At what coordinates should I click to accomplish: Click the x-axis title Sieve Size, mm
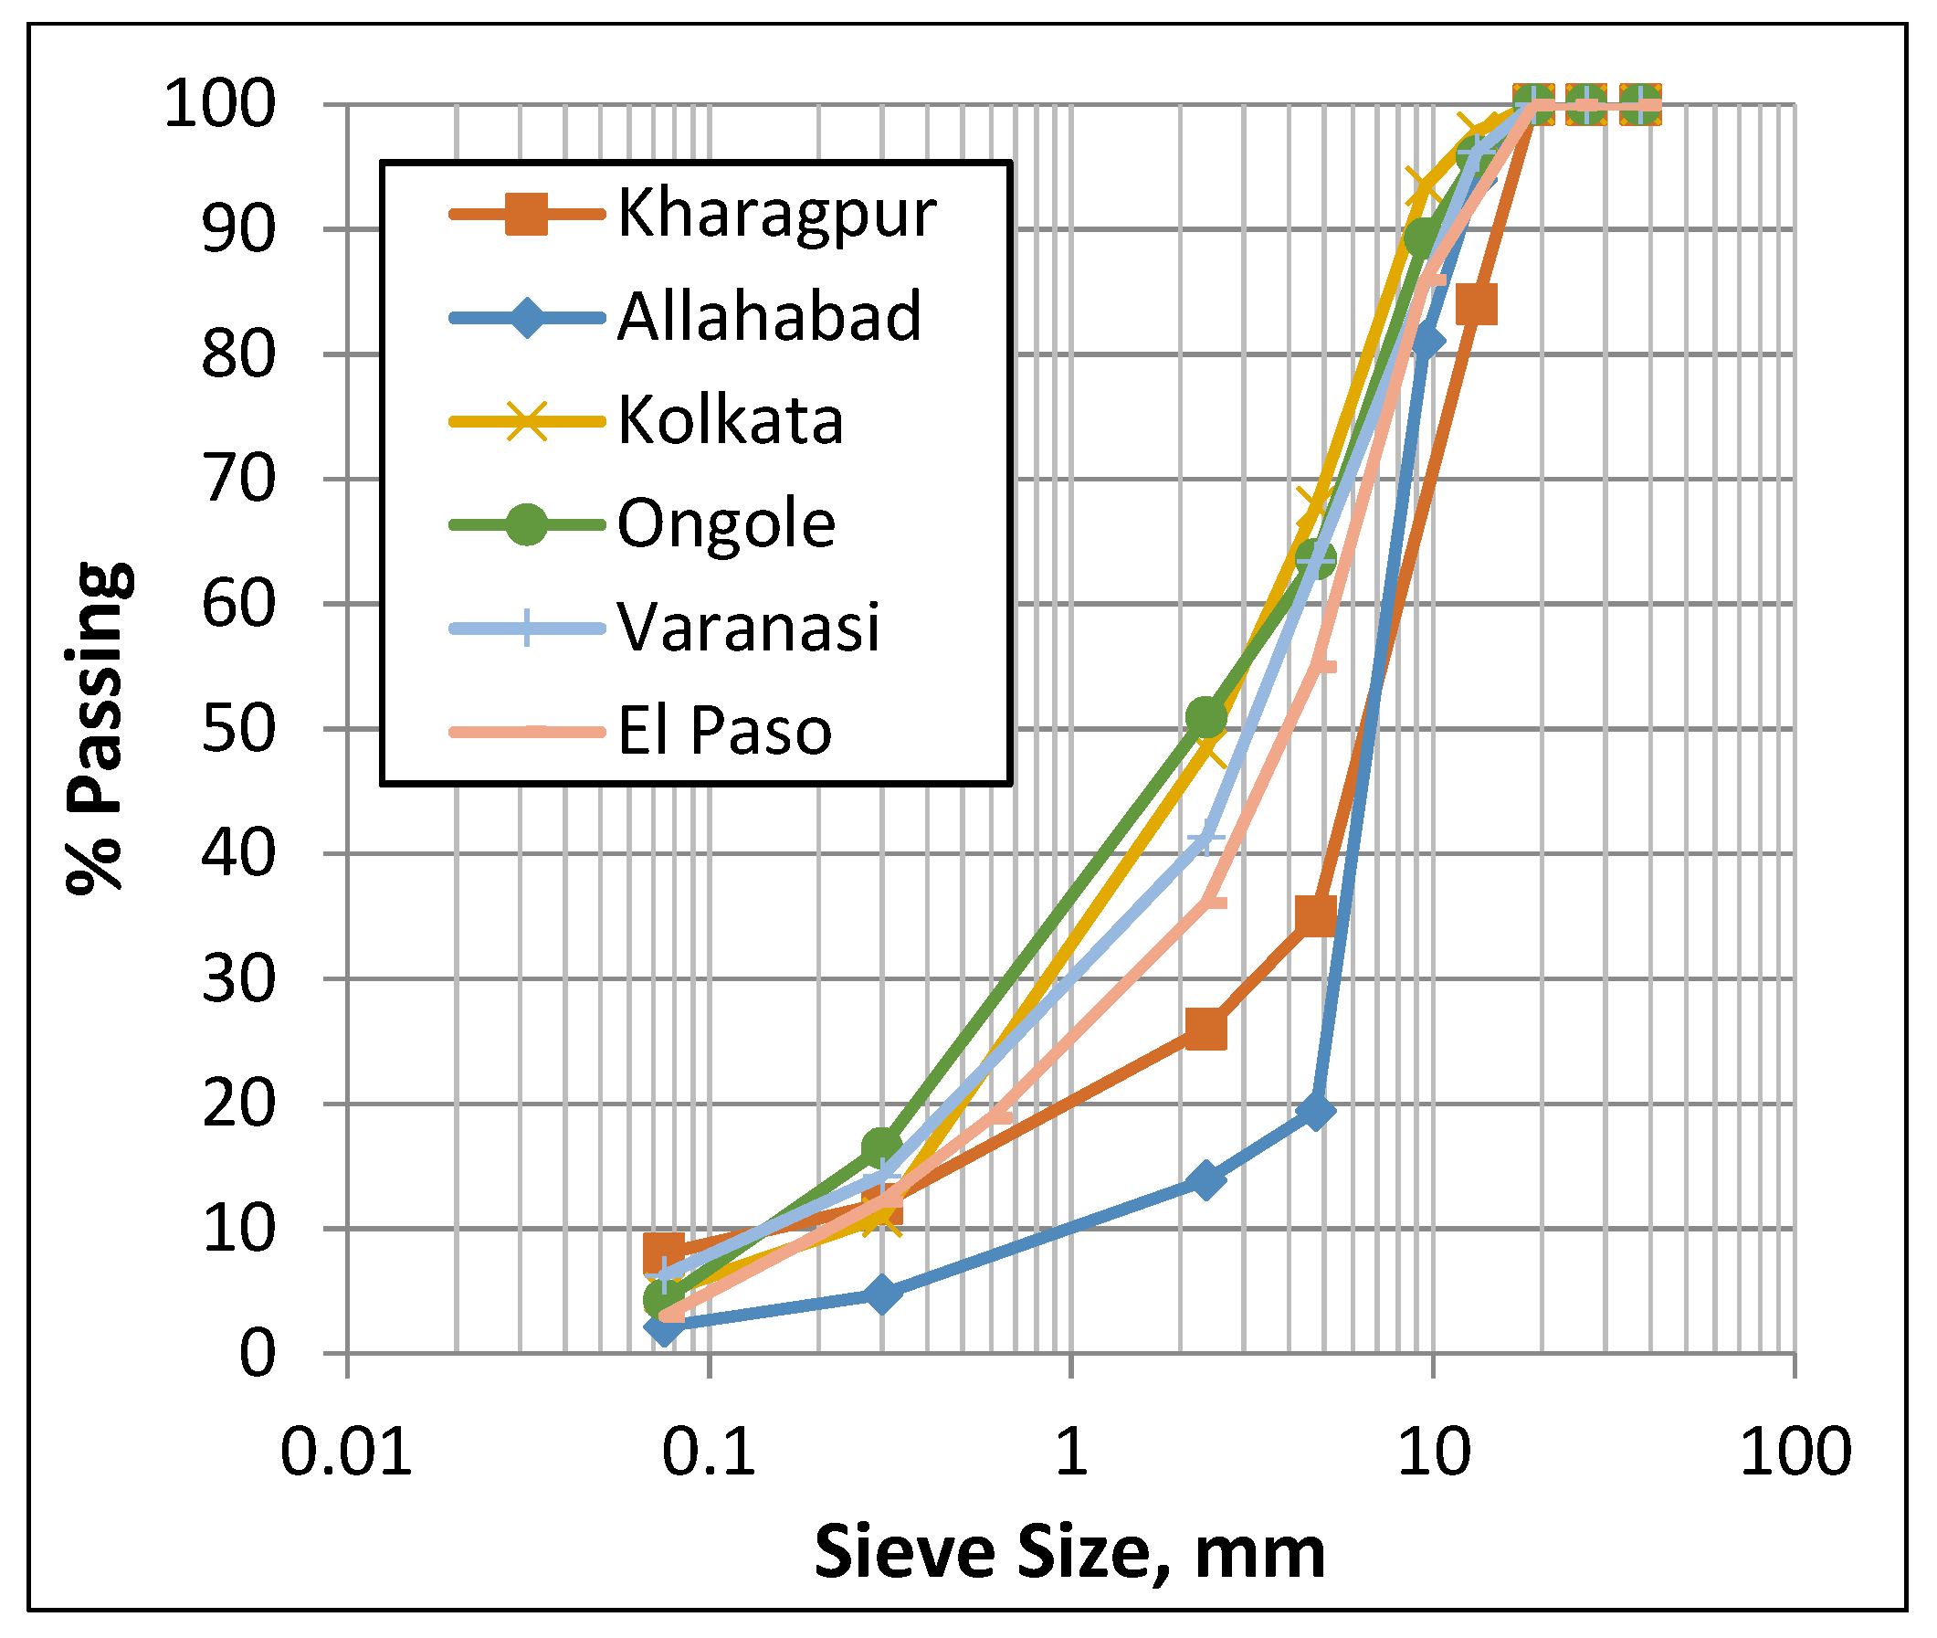click(x=1069, y=1551)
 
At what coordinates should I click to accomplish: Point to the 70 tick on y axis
click(x=238, y=480)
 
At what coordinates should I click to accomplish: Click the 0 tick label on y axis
click(x=258, y=1354)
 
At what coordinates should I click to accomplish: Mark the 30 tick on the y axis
click(x=238, y=979)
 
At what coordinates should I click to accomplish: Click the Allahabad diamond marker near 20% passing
click(x=1315, y=1111)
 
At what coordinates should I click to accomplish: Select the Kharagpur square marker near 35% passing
click(x=1315, y=915)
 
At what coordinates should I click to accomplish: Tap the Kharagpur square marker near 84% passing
click(x=1476, y=304)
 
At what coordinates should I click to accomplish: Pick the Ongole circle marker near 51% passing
click(x=1205, y=717)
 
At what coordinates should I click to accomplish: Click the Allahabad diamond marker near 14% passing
click(x=1205, y=1179)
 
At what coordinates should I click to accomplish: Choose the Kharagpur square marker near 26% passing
click(x=1205, y=1030)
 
